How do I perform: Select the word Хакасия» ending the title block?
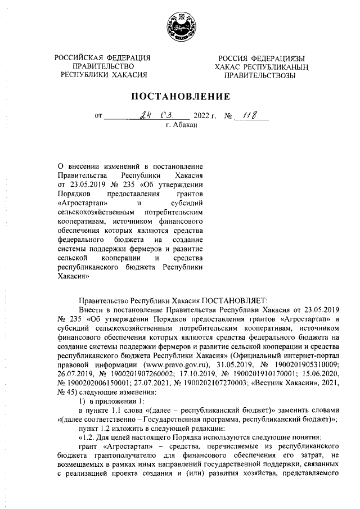click(x=75, y=277)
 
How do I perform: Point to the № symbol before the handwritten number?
click(x=229, y=116)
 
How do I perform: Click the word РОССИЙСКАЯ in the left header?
click(x=77, y=58)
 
